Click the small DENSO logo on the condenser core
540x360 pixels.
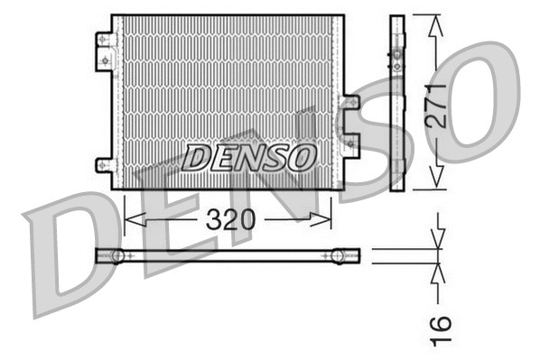(x=249, y=157)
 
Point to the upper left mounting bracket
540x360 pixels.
(x=106, y=49)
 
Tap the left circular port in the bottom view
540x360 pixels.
(x=117, y=256)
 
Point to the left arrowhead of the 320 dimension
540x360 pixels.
(x=129, y=219)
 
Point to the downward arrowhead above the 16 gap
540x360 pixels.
(x=439, y=242)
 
